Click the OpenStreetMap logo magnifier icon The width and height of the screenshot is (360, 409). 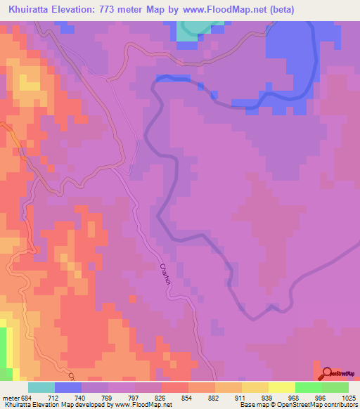326,373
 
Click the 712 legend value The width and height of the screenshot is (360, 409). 53,398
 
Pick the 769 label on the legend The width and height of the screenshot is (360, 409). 106,398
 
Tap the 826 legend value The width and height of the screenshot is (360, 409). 160,398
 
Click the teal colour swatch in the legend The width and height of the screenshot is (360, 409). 41,387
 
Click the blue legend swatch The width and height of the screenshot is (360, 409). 68,387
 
